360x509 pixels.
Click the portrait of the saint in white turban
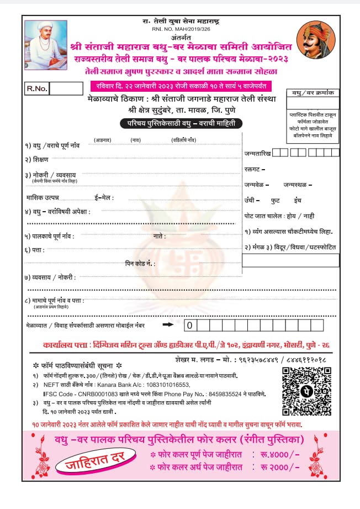[46, 45]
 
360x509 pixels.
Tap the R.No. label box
[38, 88]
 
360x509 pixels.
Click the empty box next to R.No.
[66, 88]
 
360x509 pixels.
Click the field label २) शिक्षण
[36, 159]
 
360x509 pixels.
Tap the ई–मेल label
[104, 197]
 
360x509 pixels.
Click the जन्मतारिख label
[257, 153]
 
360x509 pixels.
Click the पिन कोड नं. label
[140, 264]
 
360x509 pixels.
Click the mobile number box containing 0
[189, 326]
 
